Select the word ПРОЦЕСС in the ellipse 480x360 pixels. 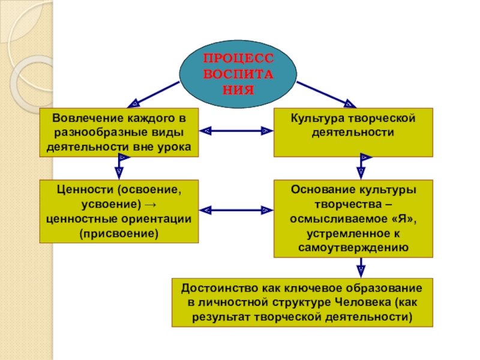(238, 59)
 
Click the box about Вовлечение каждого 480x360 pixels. (119, 132)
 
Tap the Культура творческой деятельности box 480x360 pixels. (353, 132)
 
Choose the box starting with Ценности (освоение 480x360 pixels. (119, 211)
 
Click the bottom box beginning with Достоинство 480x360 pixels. (302, 302)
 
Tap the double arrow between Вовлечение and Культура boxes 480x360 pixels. (236, 130)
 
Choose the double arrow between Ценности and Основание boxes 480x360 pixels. (236, 210)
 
